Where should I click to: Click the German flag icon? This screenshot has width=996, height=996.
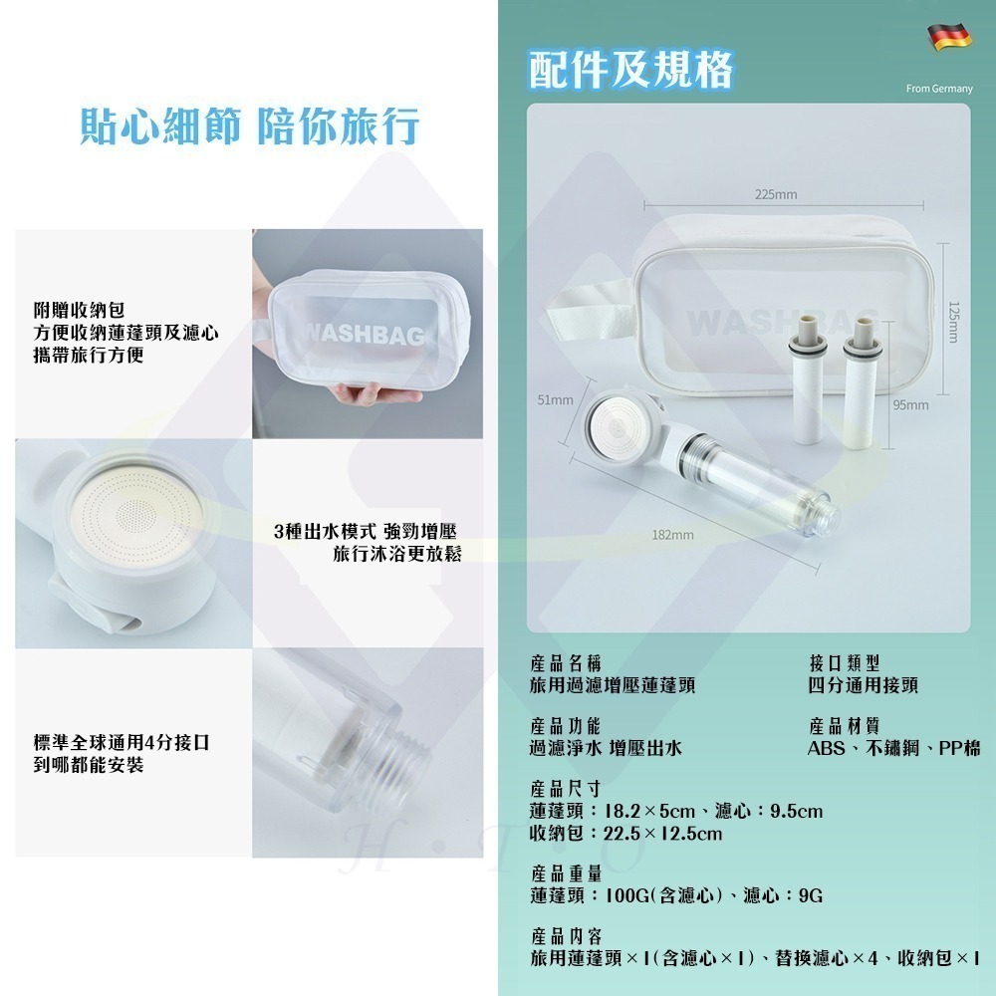pyautogui.click(x=950, y=38)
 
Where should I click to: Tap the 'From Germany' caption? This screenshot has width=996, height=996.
pyautogui.click(x=938, y=90)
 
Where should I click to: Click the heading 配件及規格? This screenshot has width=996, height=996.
pyautogui.click(x=630, y=68)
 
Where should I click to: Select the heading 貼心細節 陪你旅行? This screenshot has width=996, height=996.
pyautogui.click(x=249, y=127)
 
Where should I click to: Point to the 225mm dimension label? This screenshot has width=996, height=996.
pyautogui.click(x=776, y=194)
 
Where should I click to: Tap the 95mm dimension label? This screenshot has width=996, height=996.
pyautogui.click(x=910, y=404)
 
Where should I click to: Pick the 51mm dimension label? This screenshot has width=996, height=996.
pyautogui.click(x=555, y=400)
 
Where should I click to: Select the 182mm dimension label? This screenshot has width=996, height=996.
pyautogui.click(x=672, y=535)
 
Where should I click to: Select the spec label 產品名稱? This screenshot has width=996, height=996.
pyautogui.click(x=565, y=662)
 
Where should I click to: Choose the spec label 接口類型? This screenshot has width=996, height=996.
pyautogui.click(x=845, y=662)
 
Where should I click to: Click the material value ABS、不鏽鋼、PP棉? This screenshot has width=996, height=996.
pyautogui.click(x=893, y=748)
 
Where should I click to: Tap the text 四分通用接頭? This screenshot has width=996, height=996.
pyautogui.click(x=863, y=685)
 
